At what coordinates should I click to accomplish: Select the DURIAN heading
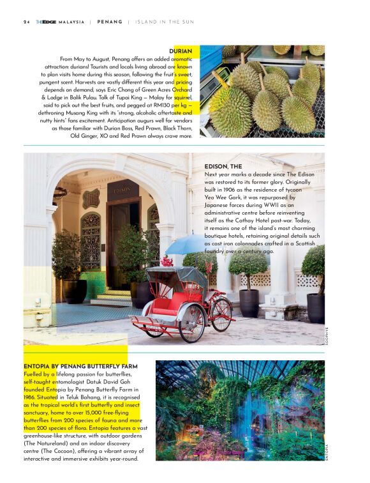tap(181, 50)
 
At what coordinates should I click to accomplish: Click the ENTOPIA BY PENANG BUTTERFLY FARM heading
tap(80, 366)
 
